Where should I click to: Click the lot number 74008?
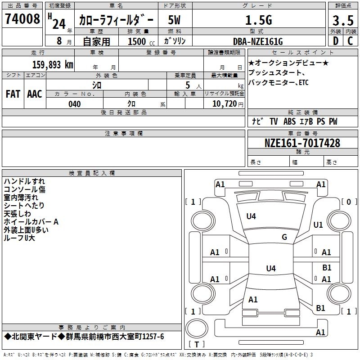(x=22, y=19)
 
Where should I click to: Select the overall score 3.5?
(x=343, y=20)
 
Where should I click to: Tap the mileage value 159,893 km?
(x=53, y=65)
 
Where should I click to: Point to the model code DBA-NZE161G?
(x=258, y=41)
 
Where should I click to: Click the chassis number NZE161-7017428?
(x=302, y=143)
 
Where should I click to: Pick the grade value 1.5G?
(x=259, y=20)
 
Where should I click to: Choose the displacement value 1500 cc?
(x=141, y=41)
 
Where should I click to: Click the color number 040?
(x=75, y=104)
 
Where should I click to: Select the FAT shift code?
(x=13, y=94)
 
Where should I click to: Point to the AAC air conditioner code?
(x=35, y=94)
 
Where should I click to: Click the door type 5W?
(x=174, y=20)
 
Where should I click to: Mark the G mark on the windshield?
(x=284, y=237)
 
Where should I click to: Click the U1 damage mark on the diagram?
(x=318, y=225)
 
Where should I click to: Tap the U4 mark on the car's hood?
(x=251, y=216)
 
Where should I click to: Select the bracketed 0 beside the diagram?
(x=349, y=202)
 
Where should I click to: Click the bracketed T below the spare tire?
(x=197, y=344)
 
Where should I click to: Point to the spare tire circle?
(x=197, y=328)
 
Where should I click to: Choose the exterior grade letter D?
(x=336, y=41)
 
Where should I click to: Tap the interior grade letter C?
(x=350, y=41)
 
